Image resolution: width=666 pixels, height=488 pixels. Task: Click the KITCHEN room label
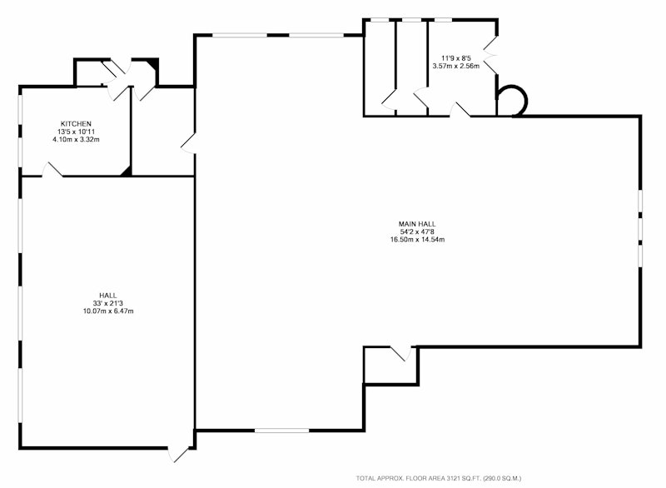coord(76,124)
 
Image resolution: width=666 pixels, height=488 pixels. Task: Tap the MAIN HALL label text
coord(417,224)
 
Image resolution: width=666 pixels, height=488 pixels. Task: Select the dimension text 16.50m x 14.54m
coord(418,240)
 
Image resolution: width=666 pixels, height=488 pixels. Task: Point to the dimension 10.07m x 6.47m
coord(108,311)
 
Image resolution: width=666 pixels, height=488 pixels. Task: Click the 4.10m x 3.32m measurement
coord(76,139)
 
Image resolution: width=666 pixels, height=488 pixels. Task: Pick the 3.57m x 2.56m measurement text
coord(455,66)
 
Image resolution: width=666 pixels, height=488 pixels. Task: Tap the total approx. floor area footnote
coord(439,478)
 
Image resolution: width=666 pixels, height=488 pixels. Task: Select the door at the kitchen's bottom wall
coord(52,170)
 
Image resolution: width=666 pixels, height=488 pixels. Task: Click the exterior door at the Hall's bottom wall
coord(177,454)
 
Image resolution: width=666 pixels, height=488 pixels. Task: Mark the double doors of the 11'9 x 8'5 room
coord(490,55)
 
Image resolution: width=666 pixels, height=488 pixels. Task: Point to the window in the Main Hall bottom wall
coord(281,431)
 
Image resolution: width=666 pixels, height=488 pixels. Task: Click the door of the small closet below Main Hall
coord(401,354)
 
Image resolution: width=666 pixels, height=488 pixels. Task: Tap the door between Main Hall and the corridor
coord(188,143)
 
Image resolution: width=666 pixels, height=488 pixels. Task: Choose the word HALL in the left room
coord(108,296)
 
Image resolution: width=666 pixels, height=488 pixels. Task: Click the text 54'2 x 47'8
coord(417,232)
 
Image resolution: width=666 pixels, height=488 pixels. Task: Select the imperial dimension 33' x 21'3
coord(108,303)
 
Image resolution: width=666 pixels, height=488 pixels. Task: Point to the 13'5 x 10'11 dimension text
coord(76,132)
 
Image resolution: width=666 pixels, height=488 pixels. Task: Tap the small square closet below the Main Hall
coord(391,366)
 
